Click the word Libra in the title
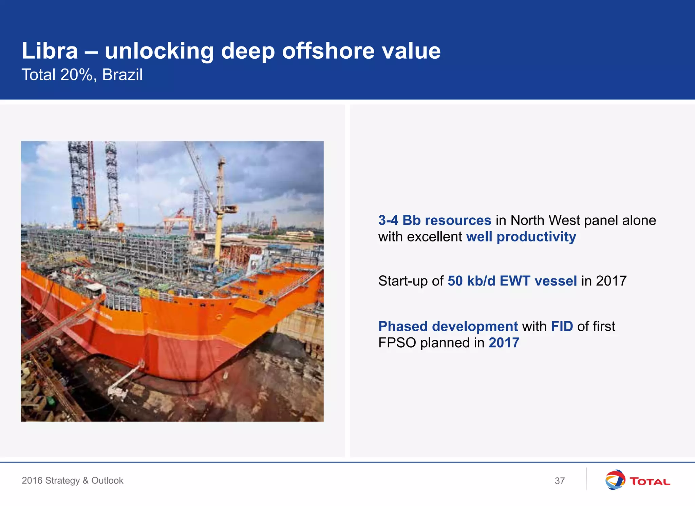pos(50,51)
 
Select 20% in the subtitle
pos(76,75)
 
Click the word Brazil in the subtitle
pos(122,75)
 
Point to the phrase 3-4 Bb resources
pos(434,220)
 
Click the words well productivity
pos(521,237)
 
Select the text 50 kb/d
pos(471,281)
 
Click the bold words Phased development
pos(448,326)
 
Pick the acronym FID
pos(562,326)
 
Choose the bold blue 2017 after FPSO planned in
pos(504,343)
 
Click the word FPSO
pos(397,343)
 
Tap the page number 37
pos(560,481)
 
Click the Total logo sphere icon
pos(615,480)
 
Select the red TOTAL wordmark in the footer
pos(650,482)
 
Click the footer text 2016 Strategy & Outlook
pos(72,481)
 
